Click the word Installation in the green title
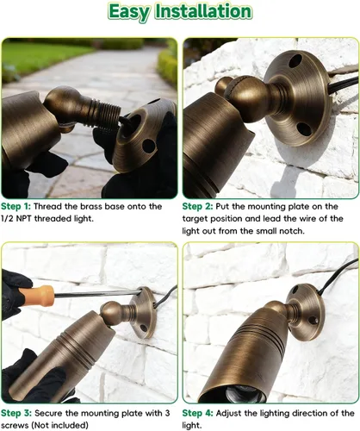point(203,11)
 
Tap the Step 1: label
point(16,207)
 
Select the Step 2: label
point(198,207)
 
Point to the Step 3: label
point(16,414)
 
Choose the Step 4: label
point(198,414)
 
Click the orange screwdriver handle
point(37,295)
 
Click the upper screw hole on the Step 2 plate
point(295,61)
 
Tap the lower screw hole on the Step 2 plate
point(304,129)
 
